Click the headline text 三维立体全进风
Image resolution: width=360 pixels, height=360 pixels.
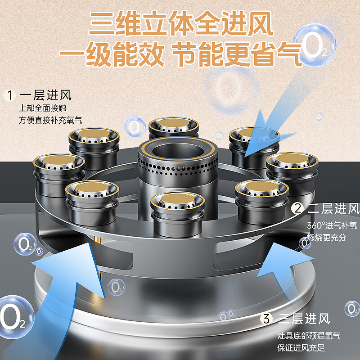tap(180, 23)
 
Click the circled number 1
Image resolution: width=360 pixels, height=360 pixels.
tap(9, 95)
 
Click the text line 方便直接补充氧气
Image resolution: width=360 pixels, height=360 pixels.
tap(50, 120)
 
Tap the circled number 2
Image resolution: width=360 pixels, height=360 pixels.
tap(297, 208)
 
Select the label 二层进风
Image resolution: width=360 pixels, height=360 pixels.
tap(333, 209)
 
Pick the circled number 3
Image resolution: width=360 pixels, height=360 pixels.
tap(267, 319)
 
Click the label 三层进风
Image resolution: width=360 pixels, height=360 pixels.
tap(304, 319)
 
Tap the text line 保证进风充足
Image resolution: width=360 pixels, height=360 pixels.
tap(301, 348)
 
